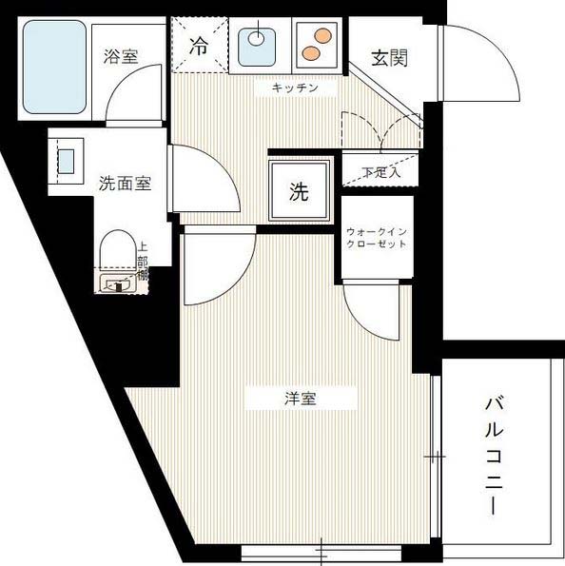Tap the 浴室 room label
[x=121, y=55]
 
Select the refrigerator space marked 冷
[x=200, y=45]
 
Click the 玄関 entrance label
[x=389, y=58]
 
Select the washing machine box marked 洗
[x=300, y=193]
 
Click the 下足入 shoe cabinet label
[x=381, y=172]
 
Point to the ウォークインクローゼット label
[x=378, y=237]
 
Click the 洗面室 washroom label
[x=125, y=184]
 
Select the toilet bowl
[x=114, y=254]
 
